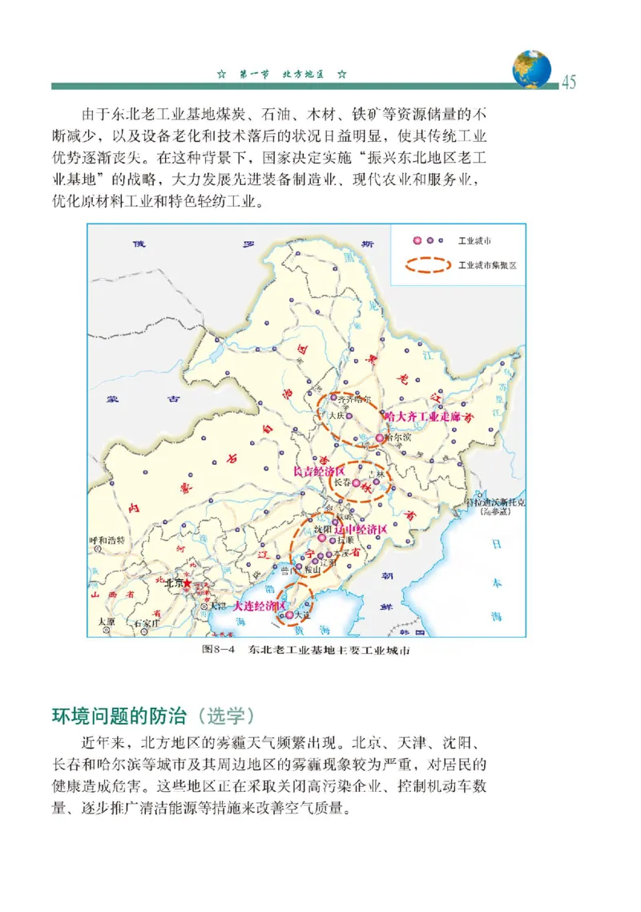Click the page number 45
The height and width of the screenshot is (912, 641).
pos(568,82)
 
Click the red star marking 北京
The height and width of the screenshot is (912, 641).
pos(187,584)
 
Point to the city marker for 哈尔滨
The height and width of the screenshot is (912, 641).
pos(380,438)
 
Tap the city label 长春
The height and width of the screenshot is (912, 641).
pos(342,483)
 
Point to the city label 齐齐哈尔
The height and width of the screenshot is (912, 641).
pos(355,398)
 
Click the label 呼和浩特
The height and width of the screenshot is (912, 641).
pos(107,540)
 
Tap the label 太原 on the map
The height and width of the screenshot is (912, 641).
pos(107,621)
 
